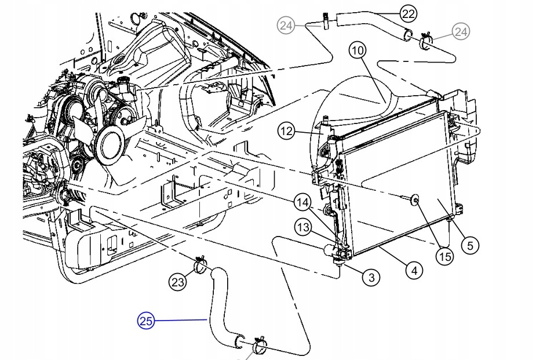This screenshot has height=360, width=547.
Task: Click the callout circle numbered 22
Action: pos(409,12)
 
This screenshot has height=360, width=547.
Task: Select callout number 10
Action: pos(358,51)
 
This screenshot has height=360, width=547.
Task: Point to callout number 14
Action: pos(302,203)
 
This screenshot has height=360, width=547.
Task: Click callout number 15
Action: pos(444,256)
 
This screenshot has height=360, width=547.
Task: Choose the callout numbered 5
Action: pos(470,245)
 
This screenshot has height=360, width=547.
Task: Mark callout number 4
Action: pos(414,270)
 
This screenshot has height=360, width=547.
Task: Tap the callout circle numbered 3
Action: pos(371,278)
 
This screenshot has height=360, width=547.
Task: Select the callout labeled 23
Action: pos(178,282)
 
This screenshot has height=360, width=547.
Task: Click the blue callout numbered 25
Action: pos(145,320)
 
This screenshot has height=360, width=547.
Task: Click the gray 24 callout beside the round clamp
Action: pos(461,32)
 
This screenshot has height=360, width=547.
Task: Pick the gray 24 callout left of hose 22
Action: pos(286,25)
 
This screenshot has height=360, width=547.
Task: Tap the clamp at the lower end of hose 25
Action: pos(258,346)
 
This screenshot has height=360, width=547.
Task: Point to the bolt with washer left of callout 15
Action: pos(414,201)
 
